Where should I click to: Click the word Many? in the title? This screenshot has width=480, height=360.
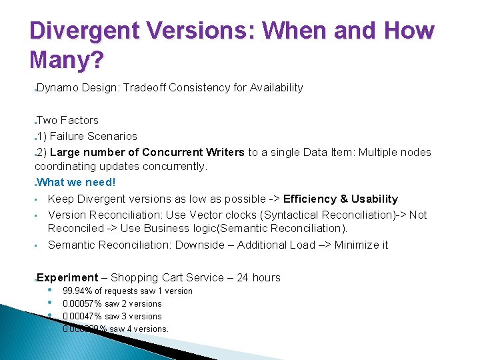click(x=67, y=61)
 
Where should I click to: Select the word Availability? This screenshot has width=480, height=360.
click(x=276, y=87)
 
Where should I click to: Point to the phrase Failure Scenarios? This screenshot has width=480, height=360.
click(x=93, y=137)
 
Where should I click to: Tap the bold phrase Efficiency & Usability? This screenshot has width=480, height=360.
click(x=340, y=199)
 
